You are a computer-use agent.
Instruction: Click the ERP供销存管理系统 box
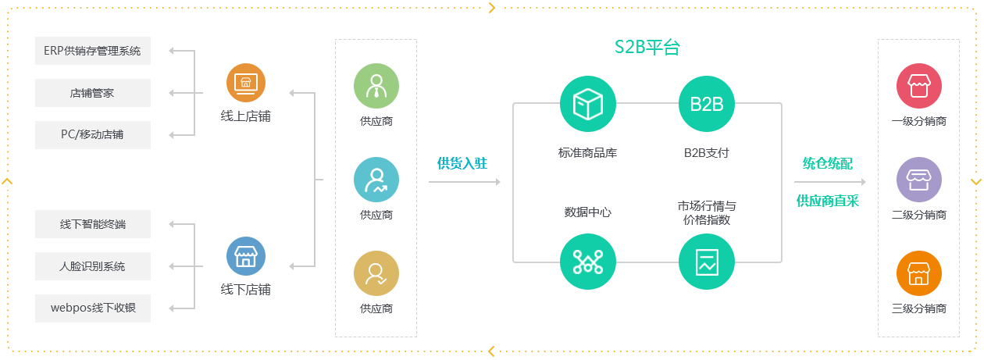point(92,51)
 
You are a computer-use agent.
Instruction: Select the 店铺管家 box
point(92,93)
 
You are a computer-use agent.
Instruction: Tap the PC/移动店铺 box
point(92,134)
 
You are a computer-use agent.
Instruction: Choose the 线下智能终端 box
point(92,224)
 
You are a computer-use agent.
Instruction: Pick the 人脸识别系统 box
point(92,266)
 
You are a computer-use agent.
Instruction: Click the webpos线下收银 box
point(92,308)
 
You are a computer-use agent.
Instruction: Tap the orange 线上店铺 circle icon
point(246,83)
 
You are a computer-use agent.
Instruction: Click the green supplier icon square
point(376,86)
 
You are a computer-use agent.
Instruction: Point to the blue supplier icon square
point(376,180)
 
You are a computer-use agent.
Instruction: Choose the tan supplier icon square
point(376,273)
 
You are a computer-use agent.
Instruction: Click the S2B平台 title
point(647,47)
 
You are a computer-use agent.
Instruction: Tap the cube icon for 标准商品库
point(588,104)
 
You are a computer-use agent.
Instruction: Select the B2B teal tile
point(706,104)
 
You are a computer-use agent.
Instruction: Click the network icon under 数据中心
point(588,262)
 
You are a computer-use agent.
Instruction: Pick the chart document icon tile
point(706,262)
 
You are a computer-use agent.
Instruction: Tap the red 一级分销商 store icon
point(919,86)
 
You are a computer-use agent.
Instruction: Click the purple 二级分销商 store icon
point(919,180)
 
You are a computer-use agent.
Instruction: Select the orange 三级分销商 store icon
point(919,273)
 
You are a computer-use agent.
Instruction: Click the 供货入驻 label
point(462,163)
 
